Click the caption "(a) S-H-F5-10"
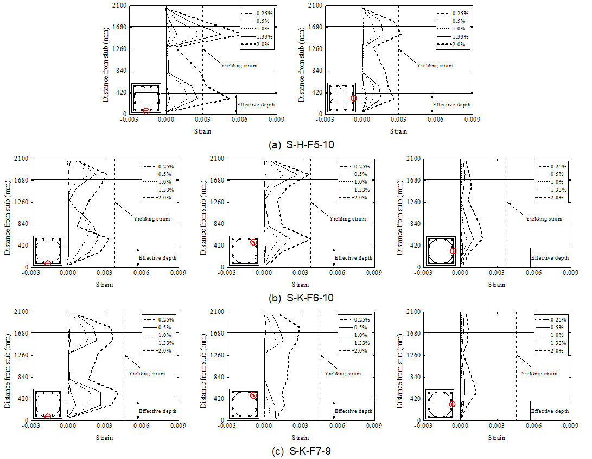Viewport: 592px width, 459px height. (x=296, y=145)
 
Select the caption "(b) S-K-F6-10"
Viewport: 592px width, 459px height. (x=296, y=298)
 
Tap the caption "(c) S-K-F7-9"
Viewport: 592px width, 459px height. (x=296, y=451)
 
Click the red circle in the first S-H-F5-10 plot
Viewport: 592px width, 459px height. (x=146, y=111)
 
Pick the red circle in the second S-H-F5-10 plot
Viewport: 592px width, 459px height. (x=353, y=98)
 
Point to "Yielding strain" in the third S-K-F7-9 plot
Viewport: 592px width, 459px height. (x=539, y=374)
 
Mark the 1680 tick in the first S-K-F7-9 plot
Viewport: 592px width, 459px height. (x=20, y=334)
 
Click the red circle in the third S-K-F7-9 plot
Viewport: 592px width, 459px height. (x=452, y=404)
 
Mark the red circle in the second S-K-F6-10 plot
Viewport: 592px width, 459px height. (x=253, y=242)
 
